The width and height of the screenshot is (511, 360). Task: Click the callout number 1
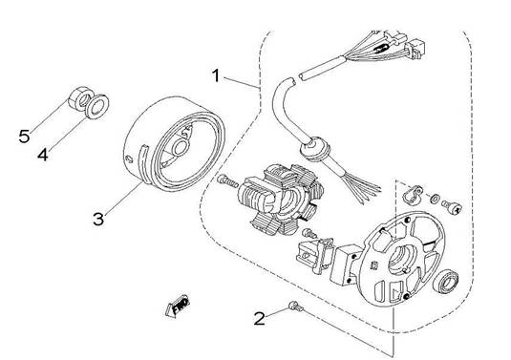(216, 75)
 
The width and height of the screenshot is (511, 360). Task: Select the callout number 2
(260, 318)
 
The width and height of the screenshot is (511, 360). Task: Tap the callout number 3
(98, 219)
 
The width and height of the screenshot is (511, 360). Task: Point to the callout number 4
(43, 154)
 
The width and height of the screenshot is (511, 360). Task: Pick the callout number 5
(24, 136)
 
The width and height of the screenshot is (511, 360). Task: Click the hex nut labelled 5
(80, 98)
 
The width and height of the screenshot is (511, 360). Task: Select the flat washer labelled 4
(96, 106)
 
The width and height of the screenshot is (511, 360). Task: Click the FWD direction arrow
(178, 306)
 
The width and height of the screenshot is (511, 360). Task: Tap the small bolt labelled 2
(295, 306)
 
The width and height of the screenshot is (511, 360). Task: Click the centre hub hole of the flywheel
(180, 148)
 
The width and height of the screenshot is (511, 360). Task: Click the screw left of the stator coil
(227, 180)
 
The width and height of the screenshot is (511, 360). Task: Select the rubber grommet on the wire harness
(315, 150)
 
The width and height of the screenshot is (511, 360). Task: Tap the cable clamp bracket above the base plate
(413, 194)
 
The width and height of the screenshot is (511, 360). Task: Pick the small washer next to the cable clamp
(435, 199)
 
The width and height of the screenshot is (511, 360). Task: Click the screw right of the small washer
(452, 207)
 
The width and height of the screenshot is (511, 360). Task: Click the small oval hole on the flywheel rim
(129, 159)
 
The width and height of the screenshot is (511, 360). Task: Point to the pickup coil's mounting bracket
(314, 255)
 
